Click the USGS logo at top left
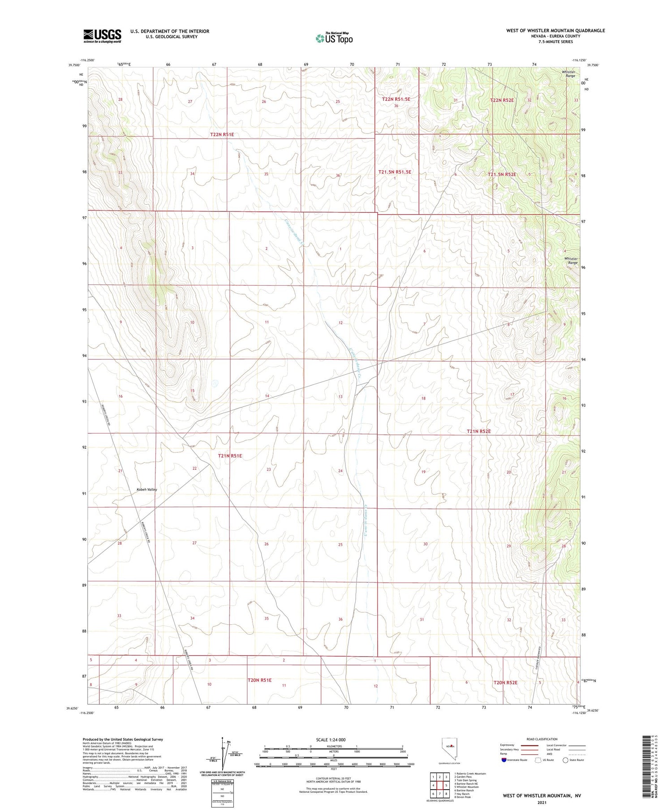point(102,36)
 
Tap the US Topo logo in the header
point(334,39)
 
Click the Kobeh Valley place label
point(147,490)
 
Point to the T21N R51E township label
point(230,455)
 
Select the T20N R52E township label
point(505,683)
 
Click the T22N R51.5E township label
point(396,99)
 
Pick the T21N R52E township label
point(479,431)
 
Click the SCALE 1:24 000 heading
point(331,739)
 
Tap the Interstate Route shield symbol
point(504,760)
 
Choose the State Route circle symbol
point(565,760)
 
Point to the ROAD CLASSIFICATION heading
point(542,739)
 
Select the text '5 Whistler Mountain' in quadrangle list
point(466,787)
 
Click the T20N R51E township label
point(260,680)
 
